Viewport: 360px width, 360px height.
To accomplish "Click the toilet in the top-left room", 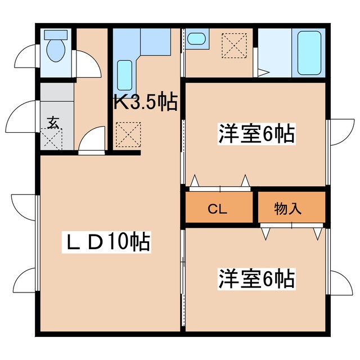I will tap(55, 49).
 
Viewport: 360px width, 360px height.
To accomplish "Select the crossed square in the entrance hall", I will tap(52, 138).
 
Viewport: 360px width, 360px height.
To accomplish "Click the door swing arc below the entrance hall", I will tap(92, 140).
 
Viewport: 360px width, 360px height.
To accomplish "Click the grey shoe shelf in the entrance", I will tap(56, 93).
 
